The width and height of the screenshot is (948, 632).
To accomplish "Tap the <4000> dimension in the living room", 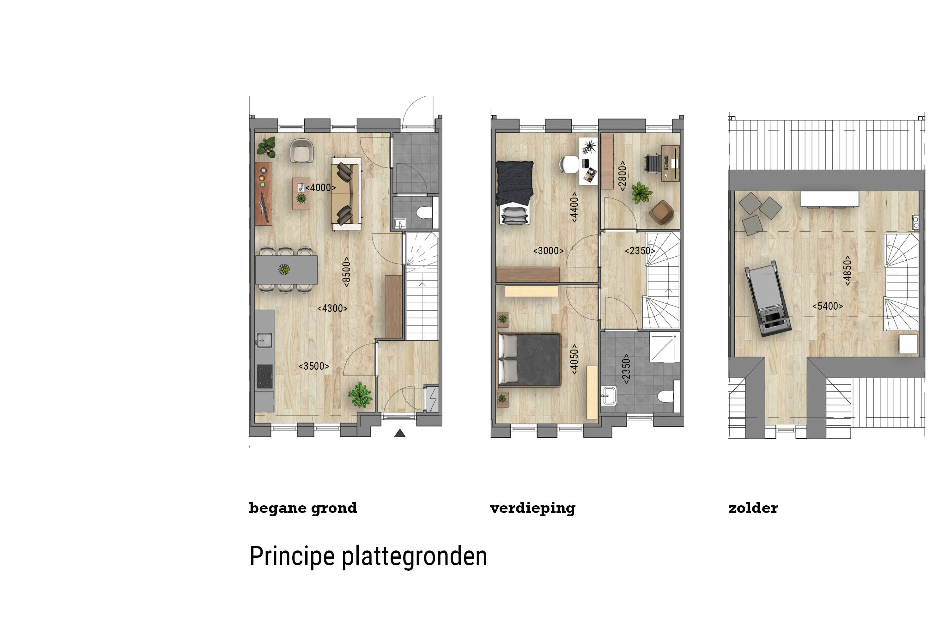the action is pyautogui.click(x=320, y=187).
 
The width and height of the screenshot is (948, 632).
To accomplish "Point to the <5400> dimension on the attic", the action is pyautogui.click(x=828, y=306).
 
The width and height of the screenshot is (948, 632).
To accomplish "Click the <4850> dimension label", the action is pyautogui.click(x=847, y=270).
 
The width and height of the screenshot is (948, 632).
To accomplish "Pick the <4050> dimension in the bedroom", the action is pyautogui.click(x=574, y=359).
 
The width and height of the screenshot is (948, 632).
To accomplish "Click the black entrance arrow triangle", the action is pyautogui.click(x=399, y=433).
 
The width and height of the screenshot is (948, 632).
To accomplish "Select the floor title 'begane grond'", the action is pyautogui.click(x=303, y=508).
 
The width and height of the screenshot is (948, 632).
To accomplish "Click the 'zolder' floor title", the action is pyautogui.click(x=753, y=507).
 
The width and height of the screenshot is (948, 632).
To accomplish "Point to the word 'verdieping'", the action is pyautogui.click(x=533, y=508).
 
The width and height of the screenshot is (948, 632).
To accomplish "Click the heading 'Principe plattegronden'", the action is pyautogui.click(x=368, y=556).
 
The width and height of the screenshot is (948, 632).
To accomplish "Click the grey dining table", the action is pyautogui.click(x=286, y=270).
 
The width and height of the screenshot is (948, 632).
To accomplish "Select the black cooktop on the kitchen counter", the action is pyautogui.click(x=265, y=376).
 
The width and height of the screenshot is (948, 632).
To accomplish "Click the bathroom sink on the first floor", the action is pyautogui.click(x=609, y=395).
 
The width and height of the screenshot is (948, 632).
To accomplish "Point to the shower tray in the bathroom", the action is pyautogui.click(x=664, y=347).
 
